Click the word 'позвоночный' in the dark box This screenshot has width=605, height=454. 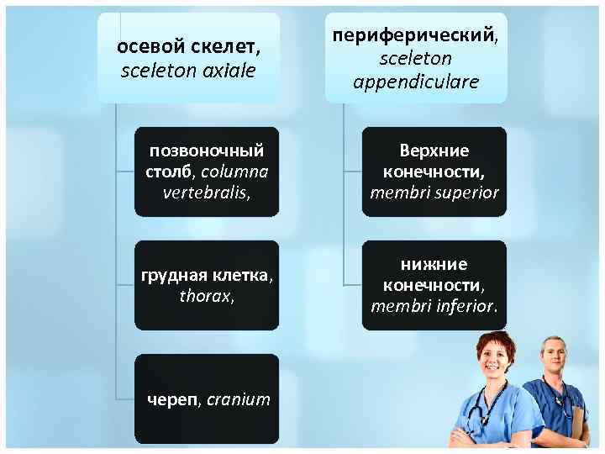207,150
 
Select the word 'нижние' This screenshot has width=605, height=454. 435,264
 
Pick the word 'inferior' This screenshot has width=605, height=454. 468,306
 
